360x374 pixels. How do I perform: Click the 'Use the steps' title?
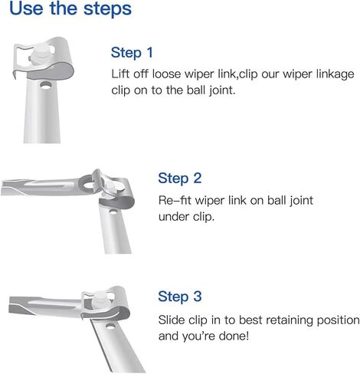(70, 9)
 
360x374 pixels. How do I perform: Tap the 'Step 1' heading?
(132, 53)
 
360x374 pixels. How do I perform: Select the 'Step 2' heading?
(180, 178)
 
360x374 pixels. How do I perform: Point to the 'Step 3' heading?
(180, 297)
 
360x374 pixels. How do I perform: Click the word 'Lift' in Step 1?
(120, 74)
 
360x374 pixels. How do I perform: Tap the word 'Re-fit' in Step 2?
(175, 200)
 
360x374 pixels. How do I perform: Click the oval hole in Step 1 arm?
(46, 86)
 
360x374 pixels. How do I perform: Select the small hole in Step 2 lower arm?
(113, 212)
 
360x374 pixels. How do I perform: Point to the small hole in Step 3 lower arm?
(110, 326)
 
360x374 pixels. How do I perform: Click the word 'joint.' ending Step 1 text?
(222, 90)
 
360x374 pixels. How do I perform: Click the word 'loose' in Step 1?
(166, 74)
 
